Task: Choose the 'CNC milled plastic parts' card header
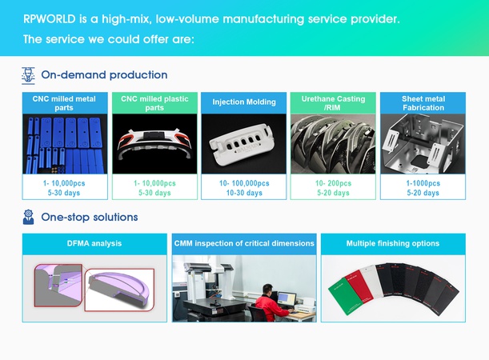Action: (x=154, y=103)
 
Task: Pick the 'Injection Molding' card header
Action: (x=244, y=102)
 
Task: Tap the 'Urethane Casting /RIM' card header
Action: (x=333, y=103)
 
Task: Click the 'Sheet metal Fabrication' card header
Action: (x=423, y=103)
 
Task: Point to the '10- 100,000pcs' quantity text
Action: (x=244, y=183)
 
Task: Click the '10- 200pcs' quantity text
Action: (x=333, y=183)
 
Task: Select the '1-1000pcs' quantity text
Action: (x=423, y=183)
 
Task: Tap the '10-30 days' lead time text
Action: (x=244, y=193)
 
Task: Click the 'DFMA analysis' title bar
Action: (x=94, y=243)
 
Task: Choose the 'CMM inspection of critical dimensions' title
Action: (x=244, y=243)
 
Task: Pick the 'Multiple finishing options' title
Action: (x=393, y=243)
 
